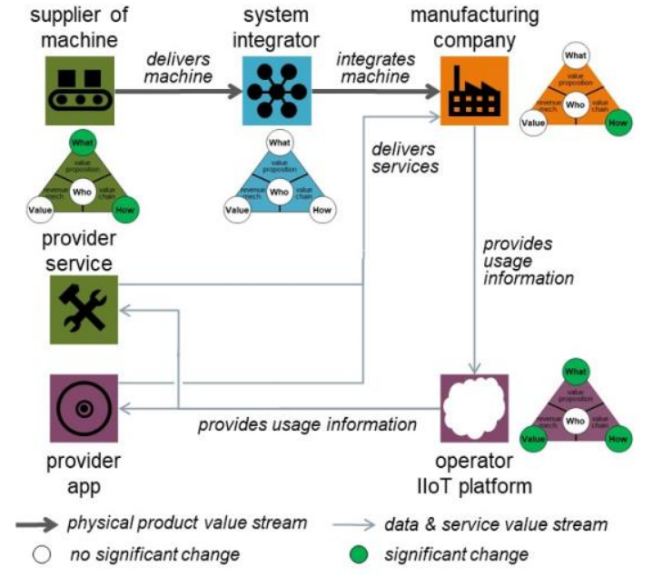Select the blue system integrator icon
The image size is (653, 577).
point(277,91)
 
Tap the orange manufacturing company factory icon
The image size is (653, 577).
point(475,90)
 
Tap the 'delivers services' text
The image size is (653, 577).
point(405,157)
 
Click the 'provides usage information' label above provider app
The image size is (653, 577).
point(307,423)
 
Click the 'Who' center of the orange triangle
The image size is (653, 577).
point(574,105)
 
